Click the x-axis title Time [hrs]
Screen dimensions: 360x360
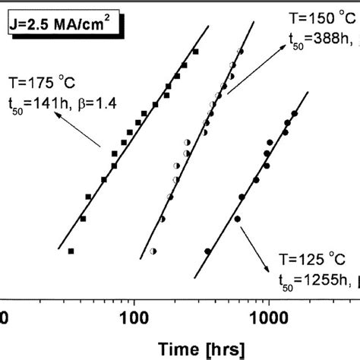(201, 349)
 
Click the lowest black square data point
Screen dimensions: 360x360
(71, 251)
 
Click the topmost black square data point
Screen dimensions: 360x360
(195, 52)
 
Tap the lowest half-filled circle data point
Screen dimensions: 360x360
(153, 251)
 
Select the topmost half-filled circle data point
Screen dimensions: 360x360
(240, 51)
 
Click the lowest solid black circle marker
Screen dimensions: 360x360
(208, 251)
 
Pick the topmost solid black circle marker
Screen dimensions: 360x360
(295, 114)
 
